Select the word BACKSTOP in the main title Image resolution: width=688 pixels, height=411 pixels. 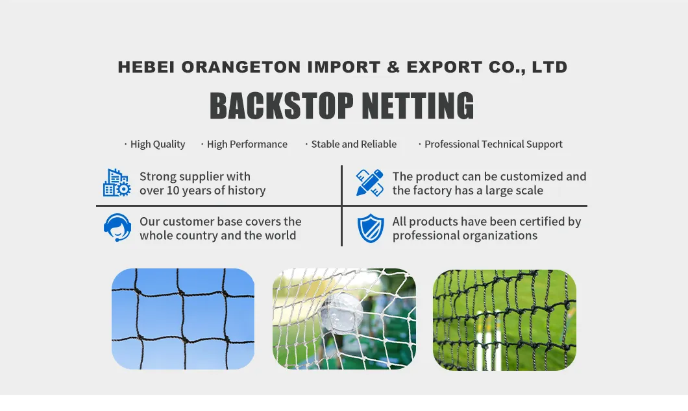tap(282, 106)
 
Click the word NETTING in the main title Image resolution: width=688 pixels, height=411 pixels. tap(417, 106)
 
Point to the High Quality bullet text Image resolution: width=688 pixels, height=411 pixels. tap(158, 145)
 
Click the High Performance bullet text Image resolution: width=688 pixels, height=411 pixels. tap(247, 145)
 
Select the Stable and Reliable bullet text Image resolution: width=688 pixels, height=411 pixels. tap(354, 145)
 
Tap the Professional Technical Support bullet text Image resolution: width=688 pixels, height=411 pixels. tap(493, 145)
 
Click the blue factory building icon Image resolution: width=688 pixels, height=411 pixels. tap(117, 183)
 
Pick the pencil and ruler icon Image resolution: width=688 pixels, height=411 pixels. tap(370, 183)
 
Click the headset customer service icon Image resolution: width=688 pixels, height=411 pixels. tap(117, 228)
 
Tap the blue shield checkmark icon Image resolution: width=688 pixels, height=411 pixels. tap(371, 228)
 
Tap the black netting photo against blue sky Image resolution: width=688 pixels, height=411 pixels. tap(183, 319)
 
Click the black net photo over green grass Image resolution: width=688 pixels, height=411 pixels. tap(504, 320)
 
